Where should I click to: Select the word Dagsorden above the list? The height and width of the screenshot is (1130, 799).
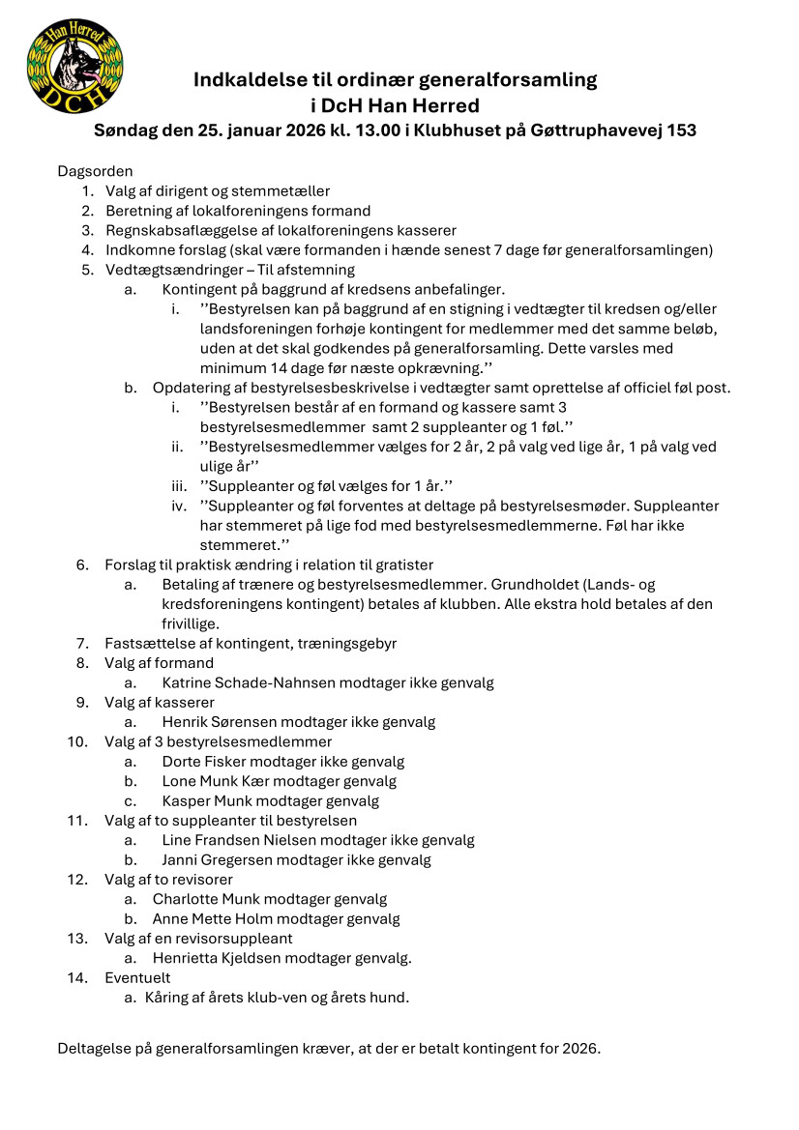[96, 171]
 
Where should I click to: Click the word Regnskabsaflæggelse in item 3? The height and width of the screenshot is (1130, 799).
[172, 230]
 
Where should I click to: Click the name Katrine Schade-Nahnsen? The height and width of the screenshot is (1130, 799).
[249, 682]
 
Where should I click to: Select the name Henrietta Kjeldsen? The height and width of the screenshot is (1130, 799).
[219, 958]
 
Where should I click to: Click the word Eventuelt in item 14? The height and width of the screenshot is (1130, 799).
[137, 978]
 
